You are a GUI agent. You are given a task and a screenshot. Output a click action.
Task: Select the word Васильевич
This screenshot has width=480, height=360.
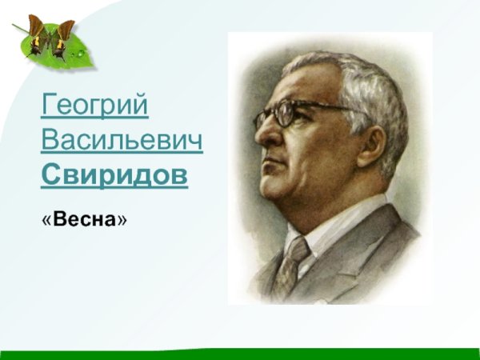click(121, 142)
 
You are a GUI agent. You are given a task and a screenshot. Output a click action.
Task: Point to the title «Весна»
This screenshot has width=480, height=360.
click(84, 218)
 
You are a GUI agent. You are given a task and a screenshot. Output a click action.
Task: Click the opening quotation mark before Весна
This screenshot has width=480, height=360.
click(46, 218)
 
